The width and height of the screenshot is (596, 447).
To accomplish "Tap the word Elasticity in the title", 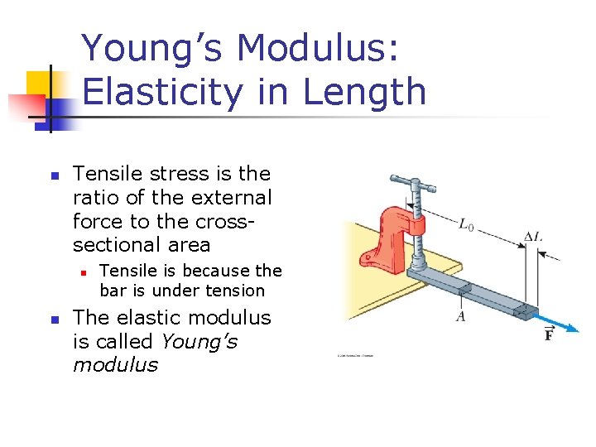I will tap(162, 91).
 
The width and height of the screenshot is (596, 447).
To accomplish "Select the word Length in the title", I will tap(364, 91).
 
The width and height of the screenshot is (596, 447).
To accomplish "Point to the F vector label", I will tap(548, 334).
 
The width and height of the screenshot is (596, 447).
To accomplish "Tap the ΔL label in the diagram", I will tap(533, 237).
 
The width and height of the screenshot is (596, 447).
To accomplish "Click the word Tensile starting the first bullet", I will tap(108, 174).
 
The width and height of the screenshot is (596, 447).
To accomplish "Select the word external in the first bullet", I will tap(224, 198).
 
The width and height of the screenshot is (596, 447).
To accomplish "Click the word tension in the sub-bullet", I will tap(237, 291).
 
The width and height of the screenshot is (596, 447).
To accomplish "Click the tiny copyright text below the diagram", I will tap(355, 356).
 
